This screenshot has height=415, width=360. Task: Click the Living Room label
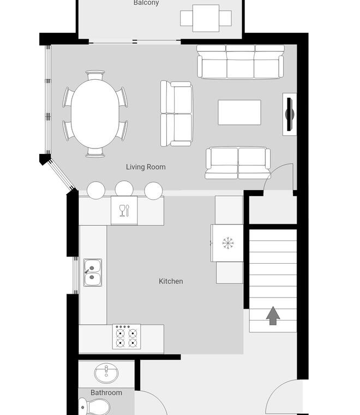(x=146, y=167)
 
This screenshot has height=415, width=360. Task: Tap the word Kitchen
(x=171, y=281)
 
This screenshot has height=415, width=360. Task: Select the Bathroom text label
(x=106, y=393)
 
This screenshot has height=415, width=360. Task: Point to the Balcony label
(x=146, y=3)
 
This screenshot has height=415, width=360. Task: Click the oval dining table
(x=95, y=114)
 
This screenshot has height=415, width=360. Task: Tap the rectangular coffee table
(x=239, y=112)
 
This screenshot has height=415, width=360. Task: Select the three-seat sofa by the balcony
(x=240, y=62)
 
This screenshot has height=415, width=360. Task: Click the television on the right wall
(x=290, y=114)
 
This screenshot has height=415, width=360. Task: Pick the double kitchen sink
(x=93, y=272)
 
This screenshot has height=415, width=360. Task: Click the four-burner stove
(x=127, y=337)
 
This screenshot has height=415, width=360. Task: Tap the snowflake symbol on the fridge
(x=228, y=243)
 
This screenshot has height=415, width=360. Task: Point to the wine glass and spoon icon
(x=124, y=211)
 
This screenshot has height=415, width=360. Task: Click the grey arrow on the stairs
(x=273, y=316)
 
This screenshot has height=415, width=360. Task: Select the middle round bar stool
(x=124, y=190)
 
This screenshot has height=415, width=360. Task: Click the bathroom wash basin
(x=106, y=373)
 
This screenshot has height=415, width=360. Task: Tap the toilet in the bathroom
(x=94, y=407)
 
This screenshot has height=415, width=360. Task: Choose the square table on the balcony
(x=206, y=18)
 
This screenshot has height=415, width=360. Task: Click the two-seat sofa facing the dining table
(x=177, y=114)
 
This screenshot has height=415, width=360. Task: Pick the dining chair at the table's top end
(x=95, y=75)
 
